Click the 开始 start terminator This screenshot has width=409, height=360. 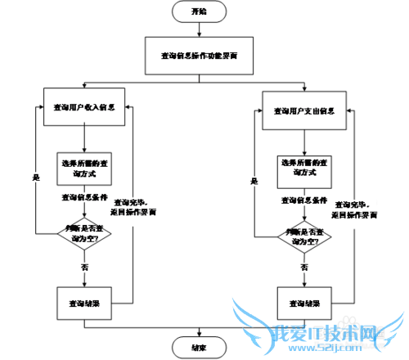(x=199, y=11)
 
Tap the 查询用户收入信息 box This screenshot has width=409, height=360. (x=83, y=106)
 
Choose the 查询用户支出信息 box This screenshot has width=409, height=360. (x=303, y=110)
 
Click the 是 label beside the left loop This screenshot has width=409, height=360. (x=35, y=177)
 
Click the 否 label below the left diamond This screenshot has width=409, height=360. (x=85, y=267)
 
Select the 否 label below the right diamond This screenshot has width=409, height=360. (x=304, y=268)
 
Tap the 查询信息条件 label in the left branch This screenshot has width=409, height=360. (x=83, y=197)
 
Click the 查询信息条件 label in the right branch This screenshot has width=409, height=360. (x=304, y=200)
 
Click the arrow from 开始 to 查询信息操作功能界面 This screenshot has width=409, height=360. (x=199, y=29)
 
